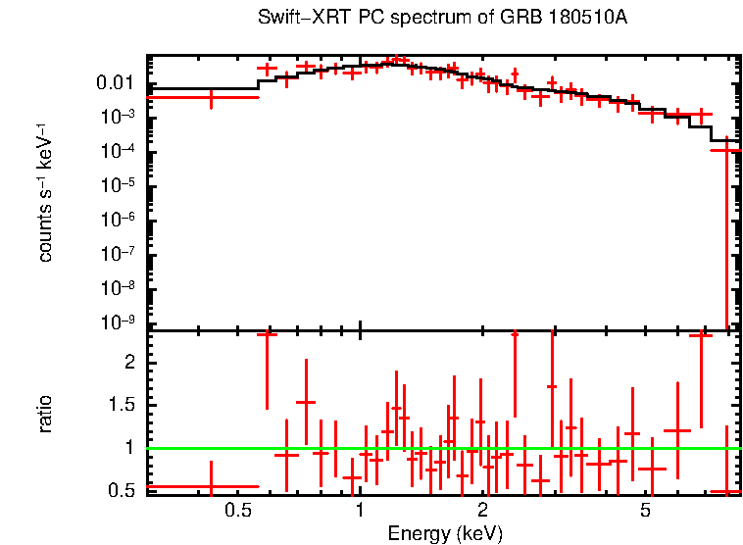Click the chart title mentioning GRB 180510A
(x=442, y=19)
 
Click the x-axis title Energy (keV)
(x=445, y=533)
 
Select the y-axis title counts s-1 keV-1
(x=45, y=195)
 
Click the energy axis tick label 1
(x=360, y=511)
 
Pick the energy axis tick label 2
(x=482, y=511)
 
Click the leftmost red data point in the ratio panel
(x=211, y=486)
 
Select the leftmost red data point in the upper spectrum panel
(x=211, y=97)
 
